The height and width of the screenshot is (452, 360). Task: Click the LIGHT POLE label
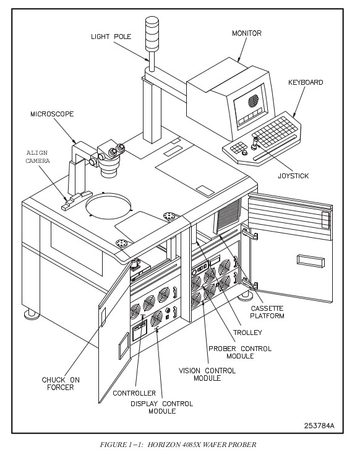111,37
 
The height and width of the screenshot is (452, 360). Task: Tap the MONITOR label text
247,33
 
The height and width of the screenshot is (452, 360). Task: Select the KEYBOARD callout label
306,82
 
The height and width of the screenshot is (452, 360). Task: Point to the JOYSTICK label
293,176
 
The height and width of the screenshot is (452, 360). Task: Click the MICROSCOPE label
52,114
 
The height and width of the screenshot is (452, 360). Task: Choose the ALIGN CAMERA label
38,157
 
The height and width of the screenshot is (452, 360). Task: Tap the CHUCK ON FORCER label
61,384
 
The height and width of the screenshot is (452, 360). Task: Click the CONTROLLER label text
134,393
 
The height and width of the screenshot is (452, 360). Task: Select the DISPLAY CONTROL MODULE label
162,407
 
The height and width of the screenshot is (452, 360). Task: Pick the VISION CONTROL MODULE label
207,374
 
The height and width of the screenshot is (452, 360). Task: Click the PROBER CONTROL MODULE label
240,352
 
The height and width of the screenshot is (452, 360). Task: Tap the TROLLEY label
247,332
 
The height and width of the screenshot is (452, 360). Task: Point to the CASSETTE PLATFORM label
267,312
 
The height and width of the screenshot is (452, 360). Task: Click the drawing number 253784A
319,425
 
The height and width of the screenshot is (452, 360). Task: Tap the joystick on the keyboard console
255,143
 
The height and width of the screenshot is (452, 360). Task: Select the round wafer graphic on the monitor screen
254,101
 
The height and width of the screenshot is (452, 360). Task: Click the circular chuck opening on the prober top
108,206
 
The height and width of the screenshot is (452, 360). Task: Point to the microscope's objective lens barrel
109,167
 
